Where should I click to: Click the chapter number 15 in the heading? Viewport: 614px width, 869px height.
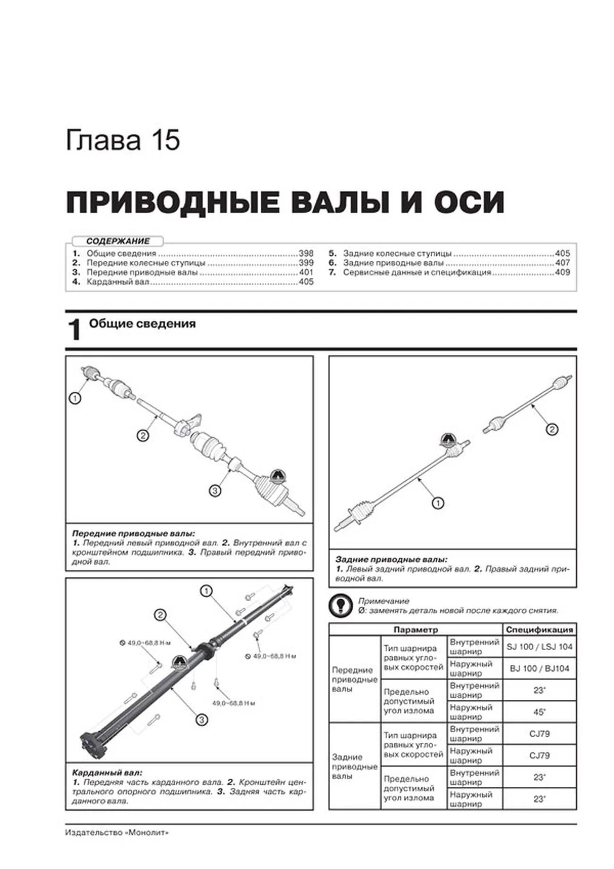[x=165, y=140]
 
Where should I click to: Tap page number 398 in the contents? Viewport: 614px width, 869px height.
[x=306, y=253]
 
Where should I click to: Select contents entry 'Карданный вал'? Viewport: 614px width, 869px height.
[x=118, y=282]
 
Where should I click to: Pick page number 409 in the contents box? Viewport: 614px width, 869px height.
[x=562, y=272]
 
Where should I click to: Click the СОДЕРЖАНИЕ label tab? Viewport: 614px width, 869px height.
[x=118, y=241]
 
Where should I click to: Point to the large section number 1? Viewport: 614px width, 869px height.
[x=74, y=330]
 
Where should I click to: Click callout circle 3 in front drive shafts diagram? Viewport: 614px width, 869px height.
[x=215, y=490]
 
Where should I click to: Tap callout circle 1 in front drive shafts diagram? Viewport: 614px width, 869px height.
[x=75, y=398]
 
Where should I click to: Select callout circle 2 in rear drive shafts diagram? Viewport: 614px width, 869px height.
[x=552, y=429]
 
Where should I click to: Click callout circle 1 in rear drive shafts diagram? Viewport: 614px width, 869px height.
[x=438, y=503]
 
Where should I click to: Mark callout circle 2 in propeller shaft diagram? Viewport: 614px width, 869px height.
[x=161, y=615]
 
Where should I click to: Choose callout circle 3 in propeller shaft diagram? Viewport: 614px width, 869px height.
[x=202, y=720]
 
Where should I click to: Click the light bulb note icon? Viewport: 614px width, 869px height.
[x=341, y=606]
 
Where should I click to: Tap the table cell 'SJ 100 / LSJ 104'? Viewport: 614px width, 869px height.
[x=539, y=647]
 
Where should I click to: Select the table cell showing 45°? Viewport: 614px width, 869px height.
[x=539, y=712]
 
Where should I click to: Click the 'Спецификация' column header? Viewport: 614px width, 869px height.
[x=539, y=630]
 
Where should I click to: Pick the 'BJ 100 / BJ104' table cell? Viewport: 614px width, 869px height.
[x=539, y=669]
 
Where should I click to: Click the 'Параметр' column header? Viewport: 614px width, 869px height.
[x=416, y=630]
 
